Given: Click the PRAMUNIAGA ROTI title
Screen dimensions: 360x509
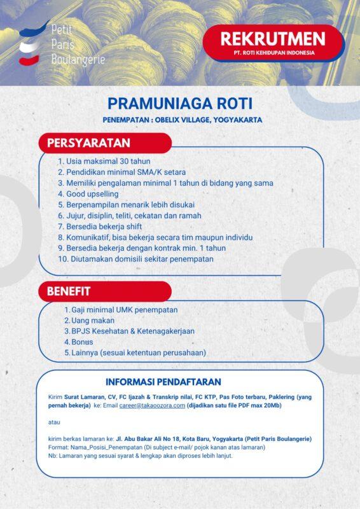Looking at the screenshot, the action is (180, 103).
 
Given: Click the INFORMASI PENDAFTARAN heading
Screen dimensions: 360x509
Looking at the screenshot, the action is (163, 382).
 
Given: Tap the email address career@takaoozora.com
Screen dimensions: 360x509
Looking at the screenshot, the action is (152, 405).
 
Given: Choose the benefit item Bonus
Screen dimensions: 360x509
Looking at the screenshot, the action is (83, 342).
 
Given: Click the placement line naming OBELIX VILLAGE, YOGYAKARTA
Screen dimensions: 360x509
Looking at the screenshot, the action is (174, 120).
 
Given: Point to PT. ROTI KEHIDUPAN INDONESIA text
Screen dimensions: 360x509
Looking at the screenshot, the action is (273, 53).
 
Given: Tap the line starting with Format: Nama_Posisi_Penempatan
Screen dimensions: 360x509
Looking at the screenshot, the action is (156, 447).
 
